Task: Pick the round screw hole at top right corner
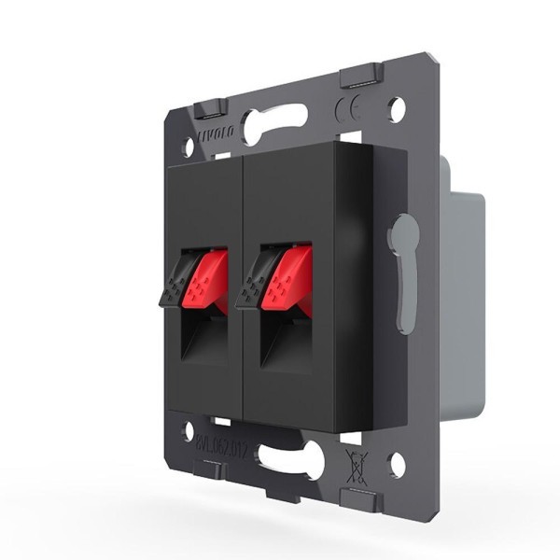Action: [x=398, y=109]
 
